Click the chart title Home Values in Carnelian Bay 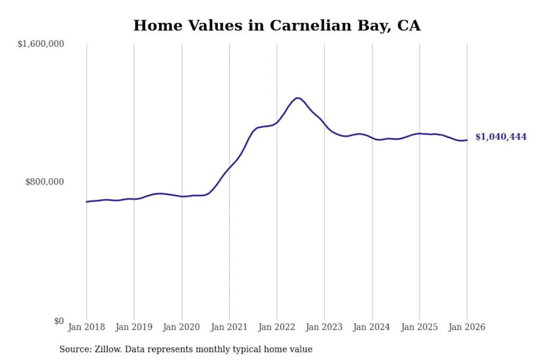pos(277,25)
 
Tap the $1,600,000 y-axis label pos(40,43)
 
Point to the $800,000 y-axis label pos(46,182)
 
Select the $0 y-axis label pos(58,321)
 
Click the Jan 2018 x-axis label pos(87,327)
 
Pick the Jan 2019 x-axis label pos(134,327)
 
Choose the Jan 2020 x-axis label pos(182,327)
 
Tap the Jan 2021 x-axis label pos(229,327)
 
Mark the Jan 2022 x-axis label pos(277,327)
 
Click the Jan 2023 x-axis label pos(324,327)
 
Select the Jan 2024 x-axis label pos(372,327)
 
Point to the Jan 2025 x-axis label pos(419,327)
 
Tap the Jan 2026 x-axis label pos(467,327)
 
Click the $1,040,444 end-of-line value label pos(501,137)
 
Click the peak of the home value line pos(298,98)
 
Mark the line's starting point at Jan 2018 pos(87,201)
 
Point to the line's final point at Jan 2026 pos(467,140)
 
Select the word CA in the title pos(408,25)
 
